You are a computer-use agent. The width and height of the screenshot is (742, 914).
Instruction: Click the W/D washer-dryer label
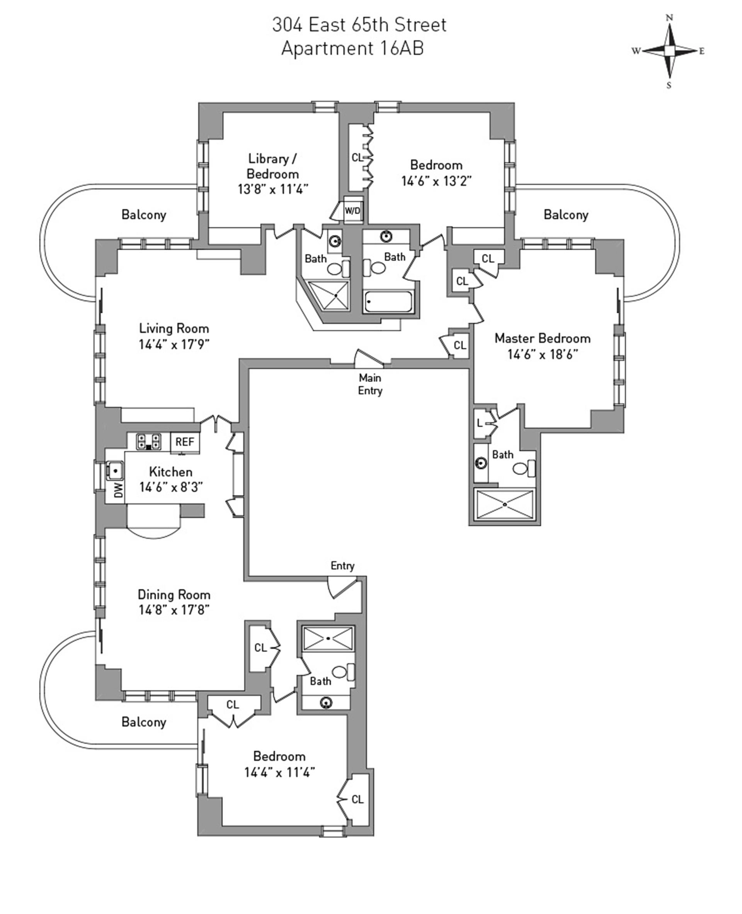(352, 211)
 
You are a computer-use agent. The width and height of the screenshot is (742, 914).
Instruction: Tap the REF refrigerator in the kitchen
(185, 442)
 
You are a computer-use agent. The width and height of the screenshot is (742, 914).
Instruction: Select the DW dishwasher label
(118, 490)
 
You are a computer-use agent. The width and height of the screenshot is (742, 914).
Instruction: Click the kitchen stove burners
(149, 442)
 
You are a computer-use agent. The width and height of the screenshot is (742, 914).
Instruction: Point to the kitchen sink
(114, 471)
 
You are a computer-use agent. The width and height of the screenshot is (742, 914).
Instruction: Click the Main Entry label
(370, 384)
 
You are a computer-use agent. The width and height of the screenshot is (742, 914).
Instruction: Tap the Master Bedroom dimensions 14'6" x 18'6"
(543, 355)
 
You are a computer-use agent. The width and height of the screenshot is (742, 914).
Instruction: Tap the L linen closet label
(480, 423)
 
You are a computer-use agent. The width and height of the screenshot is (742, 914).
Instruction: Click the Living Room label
(174, 328)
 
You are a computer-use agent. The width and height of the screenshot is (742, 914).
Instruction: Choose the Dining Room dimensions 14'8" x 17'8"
(174, 610)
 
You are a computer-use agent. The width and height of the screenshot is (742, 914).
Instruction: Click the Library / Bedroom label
(273, 166)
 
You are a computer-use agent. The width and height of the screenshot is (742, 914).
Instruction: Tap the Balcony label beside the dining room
(144, 722)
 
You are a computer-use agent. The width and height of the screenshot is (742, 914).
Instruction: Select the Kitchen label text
(170, 472)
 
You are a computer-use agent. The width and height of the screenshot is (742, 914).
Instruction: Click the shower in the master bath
(505, 505)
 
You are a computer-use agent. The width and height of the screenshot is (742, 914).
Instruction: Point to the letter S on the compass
(669, 85)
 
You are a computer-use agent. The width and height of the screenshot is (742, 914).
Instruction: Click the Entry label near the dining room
(342, 566)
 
